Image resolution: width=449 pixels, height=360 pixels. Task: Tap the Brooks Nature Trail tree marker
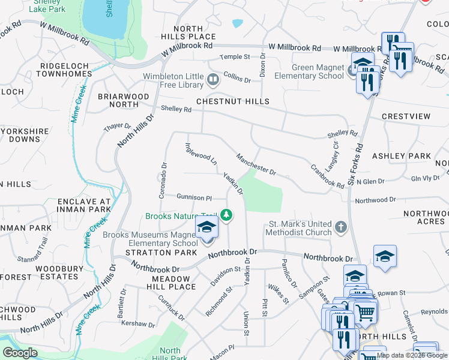pos(226,214)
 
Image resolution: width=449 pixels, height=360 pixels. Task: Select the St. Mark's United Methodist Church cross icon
pos(340,227)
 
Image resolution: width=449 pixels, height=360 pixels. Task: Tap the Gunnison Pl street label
pos(194,197)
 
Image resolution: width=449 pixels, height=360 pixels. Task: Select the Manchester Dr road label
pos(256,164)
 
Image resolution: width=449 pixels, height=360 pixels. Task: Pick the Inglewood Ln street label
pos(201,153)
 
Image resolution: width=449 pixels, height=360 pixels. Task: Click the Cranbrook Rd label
pos(327,176)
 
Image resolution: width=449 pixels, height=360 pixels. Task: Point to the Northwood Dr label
pos(376,199)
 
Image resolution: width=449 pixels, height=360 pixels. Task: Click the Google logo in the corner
pos(20,353)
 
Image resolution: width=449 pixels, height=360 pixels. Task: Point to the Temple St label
pos(234,57)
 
